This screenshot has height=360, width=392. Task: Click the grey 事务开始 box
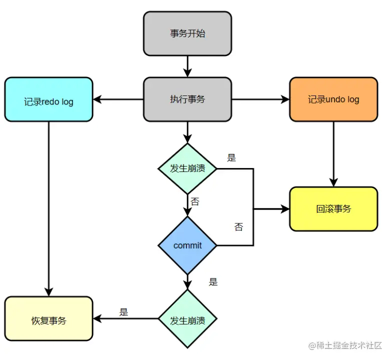pos(187,33)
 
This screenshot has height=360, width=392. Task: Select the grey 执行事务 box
pos(187,99)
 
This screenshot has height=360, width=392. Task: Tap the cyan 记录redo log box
pos(48,99)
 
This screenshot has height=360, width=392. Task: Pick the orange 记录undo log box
pos(333,99)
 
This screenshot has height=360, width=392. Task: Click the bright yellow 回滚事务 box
pos(333,209)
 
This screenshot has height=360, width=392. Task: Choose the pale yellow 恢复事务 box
pos(48,318)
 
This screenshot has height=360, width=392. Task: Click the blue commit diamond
pos(187,245)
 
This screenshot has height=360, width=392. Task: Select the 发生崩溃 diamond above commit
pos(187,168)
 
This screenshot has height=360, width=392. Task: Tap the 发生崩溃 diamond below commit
pos(187,318)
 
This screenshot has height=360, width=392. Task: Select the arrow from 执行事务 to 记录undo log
pos(260,99)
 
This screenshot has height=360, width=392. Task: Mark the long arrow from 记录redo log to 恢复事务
pos(48,210)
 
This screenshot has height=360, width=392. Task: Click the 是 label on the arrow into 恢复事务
pos(124,312)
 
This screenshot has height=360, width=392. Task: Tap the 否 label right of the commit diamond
pos(238,227)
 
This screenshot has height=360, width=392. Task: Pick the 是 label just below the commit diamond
pos(213,282)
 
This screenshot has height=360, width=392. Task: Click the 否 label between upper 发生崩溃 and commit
pos(194,202)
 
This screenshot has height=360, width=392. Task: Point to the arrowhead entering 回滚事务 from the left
pos(285,209)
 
